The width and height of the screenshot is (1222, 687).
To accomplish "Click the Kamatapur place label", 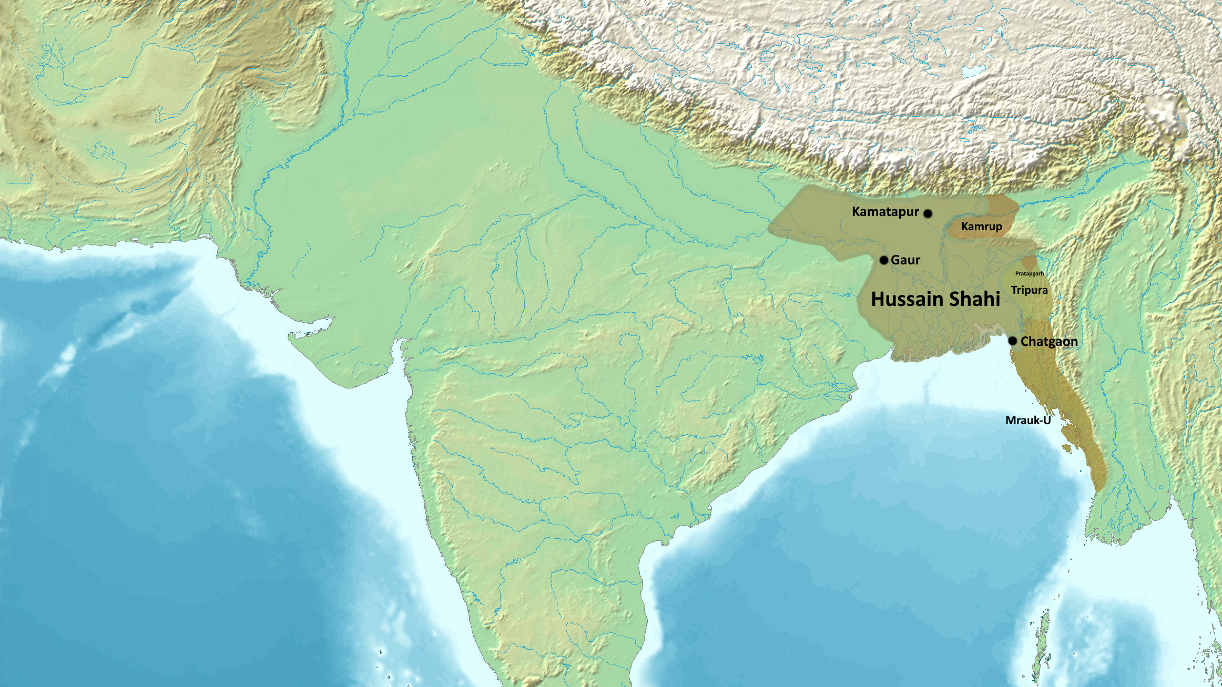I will (x=885, y=212).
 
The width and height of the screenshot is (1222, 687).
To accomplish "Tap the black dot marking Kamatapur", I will (x=928, y=213).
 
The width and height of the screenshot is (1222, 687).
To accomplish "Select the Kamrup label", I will (x=981, y=227).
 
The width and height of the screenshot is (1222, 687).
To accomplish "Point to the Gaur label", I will (x=905, y=260).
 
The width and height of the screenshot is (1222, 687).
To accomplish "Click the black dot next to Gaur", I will (x=884, y=260).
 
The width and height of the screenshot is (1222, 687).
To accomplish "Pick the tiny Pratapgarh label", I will (x=1029, y=273).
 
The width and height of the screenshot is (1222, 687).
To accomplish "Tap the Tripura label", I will (x=1029, y=290).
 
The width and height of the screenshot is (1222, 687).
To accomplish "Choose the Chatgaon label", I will (x=1049, y=342).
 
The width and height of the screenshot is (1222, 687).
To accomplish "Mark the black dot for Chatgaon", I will (x=1012, y=341).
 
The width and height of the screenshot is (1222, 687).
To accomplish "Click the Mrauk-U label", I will (x=1027, y=421).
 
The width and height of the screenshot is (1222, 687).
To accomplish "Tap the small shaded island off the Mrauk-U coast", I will (x=1066, y=447).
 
